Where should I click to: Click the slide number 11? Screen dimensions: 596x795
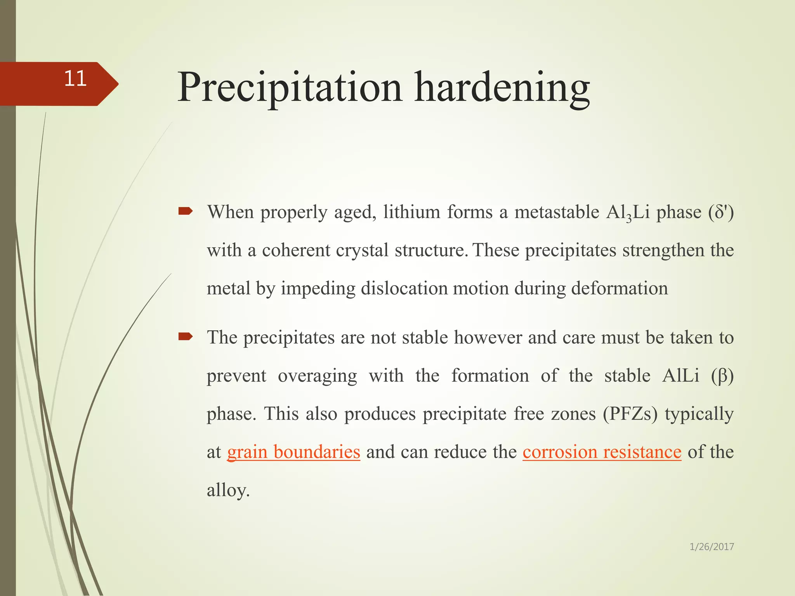coord(75,79)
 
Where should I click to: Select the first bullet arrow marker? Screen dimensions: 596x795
coord(186,211)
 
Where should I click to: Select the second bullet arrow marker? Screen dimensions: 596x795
coord(186,336)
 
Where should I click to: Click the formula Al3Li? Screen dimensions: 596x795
coord(627,213)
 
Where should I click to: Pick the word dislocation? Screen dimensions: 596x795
coord(404,289)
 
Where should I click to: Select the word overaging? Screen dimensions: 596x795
coord(317,376)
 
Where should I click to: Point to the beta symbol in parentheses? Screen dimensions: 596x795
coord(722,376)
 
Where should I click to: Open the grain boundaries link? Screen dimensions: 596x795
coord(293,452)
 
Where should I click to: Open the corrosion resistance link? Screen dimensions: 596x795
coord(602,452)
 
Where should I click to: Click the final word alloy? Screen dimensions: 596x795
coord(227,490)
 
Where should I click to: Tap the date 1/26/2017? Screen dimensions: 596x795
coord(712,547)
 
